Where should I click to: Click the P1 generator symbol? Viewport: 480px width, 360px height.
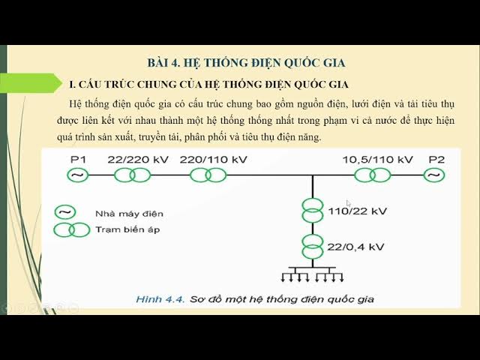click(x=78, y=175)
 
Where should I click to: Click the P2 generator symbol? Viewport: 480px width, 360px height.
click(x=433, y=175)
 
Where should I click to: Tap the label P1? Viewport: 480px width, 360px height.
click(x=79, y=160)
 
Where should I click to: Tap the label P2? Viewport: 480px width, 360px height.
click(x=436, y=160)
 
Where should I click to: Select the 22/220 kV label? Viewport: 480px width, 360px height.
click(x=137, y=160)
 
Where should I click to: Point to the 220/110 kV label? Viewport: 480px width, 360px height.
click(x=213, y=160)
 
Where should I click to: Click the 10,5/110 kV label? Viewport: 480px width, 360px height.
click(x=378, y=160)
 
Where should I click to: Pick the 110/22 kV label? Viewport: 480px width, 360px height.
click(x=357, y=211)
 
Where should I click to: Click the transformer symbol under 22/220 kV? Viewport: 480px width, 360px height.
click(x=132, y=175)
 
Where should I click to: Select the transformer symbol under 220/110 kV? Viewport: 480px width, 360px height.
click(x=208, y=175)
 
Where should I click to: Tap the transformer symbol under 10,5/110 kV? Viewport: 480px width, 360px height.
click(x=372, y=175)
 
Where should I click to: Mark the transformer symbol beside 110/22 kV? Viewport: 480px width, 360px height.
click(x=313, y=209)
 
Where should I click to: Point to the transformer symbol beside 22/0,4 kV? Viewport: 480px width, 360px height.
click(x=313, y=246)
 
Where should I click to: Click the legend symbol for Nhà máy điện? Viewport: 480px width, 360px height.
click(x=64, y=213)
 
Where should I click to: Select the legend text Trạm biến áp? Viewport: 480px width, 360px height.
click(x=127, y=229)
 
